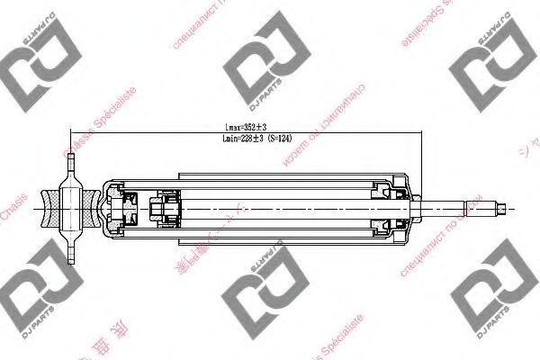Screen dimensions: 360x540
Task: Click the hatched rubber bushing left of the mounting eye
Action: click(x=52, y=210)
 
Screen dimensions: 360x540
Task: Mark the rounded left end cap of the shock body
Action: click(x=106, y=210)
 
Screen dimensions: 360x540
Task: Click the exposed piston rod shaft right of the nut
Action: click(x=459, y=210)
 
